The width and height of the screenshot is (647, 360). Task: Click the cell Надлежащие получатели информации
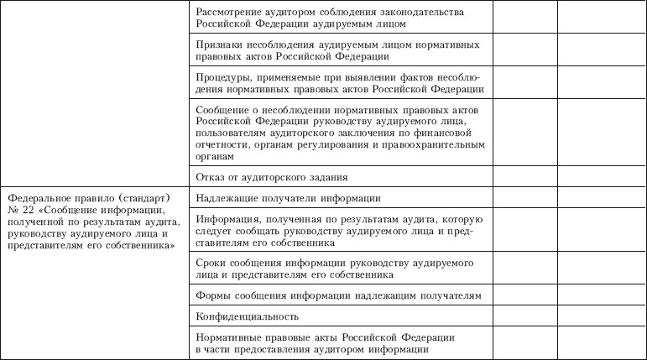288,198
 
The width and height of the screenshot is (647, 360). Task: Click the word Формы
211,296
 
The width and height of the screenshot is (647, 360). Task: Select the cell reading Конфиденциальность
247,317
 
